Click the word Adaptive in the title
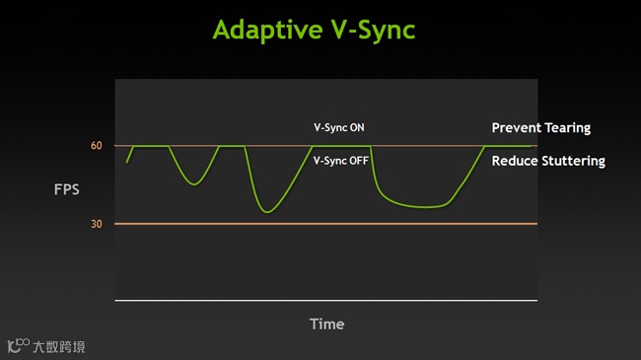[268, 30]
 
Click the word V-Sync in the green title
[374, 31]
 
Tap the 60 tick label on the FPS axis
[97, 145]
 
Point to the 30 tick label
[97, 224]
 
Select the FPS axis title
[67, 189]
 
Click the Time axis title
[327, 324]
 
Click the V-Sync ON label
[339, 127]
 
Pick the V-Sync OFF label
[341, 161]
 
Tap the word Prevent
[517, 127]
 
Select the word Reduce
[515, 161]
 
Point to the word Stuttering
[574, 161]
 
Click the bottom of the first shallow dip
[194, 184]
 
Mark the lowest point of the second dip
[267, 212]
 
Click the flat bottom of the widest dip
[425, 207]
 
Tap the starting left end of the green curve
[127, 163]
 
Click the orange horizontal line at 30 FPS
[326, 224]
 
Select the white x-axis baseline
[326, 301]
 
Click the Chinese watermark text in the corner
[59, 347]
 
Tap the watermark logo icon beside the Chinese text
[19, 345]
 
